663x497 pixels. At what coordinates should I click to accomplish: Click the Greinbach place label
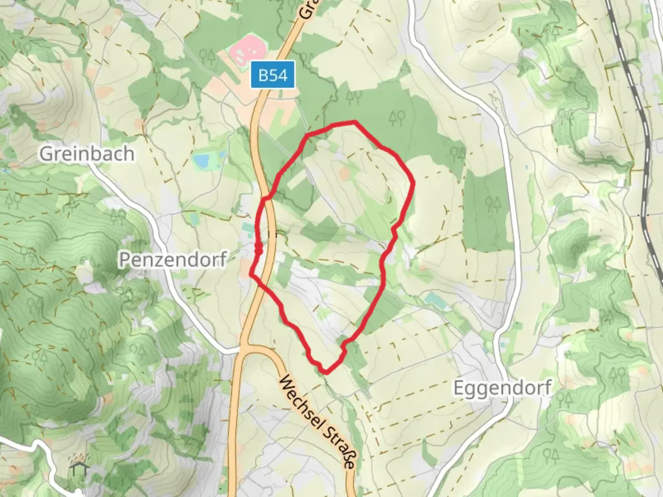pos(87,153)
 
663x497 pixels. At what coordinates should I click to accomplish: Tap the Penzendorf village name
pos(173,260)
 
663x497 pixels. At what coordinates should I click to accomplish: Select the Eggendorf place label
pos(502,388)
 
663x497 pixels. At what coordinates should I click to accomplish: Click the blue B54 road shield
pos(273,75)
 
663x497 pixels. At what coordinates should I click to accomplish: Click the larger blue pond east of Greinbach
pos(202,160)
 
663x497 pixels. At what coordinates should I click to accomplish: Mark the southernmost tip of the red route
pos(325,372)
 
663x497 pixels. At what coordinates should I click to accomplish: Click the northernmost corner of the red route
pos(355,121)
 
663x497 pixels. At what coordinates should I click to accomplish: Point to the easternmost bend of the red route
pos(414,183)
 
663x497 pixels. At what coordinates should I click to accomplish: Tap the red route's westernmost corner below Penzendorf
pos(250,274)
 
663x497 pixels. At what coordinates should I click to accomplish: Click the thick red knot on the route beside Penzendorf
pos(259,249)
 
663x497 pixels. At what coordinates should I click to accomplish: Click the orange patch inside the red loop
pos(344,173)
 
